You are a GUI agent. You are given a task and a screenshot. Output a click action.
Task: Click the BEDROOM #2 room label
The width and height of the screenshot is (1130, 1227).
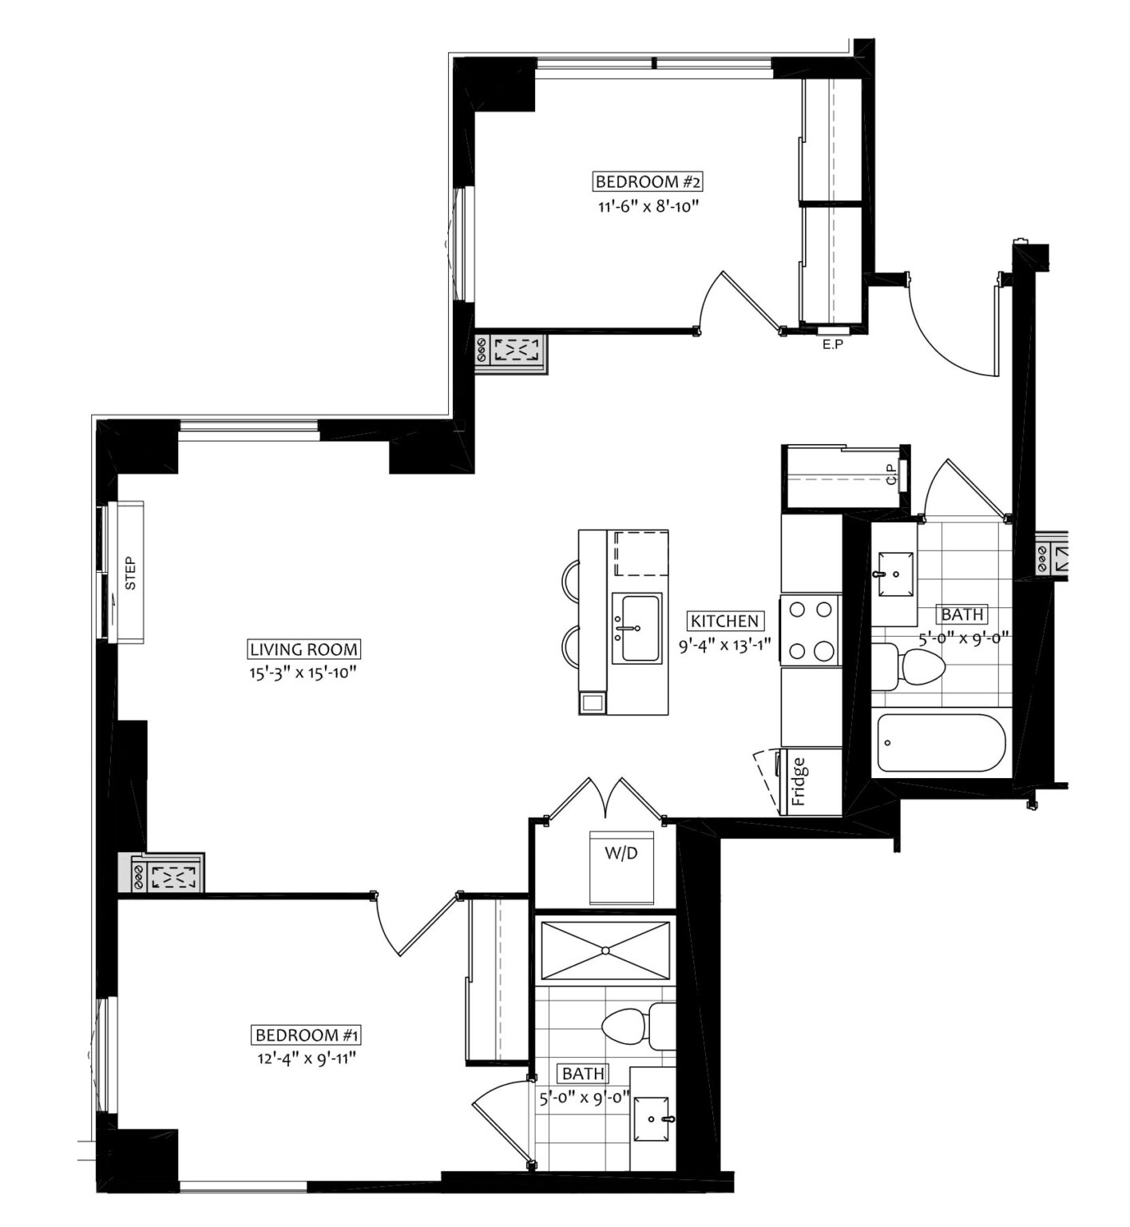648,182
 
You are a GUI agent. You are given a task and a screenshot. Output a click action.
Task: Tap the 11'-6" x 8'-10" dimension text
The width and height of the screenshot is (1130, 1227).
648,208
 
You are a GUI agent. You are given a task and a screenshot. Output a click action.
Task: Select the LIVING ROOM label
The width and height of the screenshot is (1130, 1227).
303,649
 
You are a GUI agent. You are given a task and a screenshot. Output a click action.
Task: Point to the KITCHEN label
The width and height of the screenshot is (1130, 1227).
724,621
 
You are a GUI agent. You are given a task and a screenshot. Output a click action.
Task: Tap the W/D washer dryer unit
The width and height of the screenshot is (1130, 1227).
621,867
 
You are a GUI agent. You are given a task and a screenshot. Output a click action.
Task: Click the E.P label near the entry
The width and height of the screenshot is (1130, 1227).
834,346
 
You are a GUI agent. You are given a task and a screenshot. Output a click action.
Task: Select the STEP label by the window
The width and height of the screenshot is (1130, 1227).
131,573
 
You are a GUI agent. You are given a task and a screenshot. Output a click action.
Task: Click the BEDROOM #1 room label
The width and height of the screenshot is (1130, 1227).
307,1035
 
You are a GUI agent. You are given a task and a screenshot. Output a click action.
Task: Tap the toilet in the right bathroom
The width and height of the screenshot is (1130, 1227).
910,667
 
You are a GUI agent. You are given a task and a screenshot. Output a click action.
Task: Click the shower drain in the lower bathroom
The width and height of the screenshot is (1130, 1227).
605,950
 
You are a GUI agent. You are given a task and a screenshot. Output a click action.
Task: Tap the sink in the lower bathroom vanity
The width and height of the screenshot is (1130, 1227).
654,1120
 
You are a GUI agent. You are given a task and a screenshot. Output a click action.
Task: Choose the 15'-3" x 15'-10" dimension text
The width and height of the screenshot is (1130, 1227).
301,673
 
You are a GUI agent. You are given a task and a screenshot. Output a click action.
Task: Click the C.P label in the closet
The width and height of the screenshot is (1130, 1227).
892,479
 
